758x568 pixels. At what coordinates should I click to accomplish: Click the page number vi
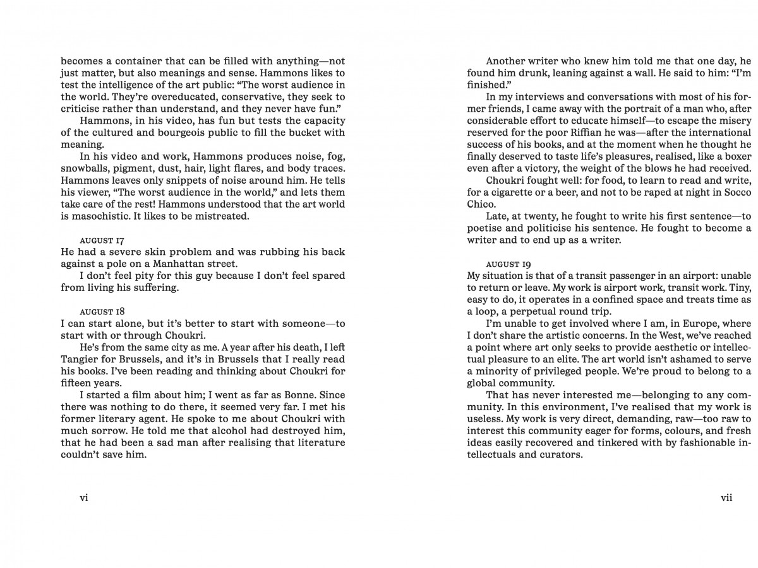coord(83,498)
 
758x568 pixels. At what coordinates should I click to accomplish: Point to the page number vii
coord(726,498)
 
